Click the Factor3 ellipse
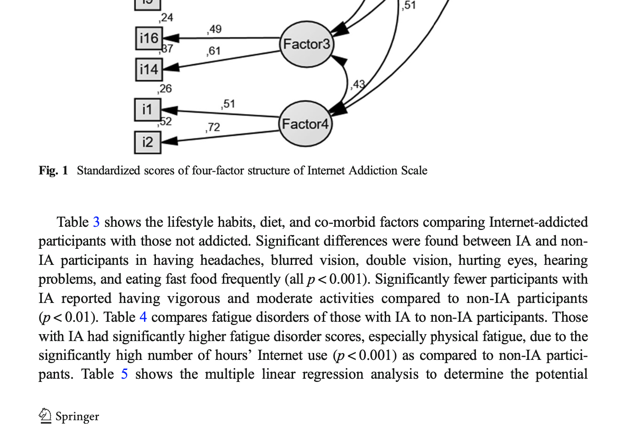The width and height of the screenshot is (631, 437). [x=306, y=44]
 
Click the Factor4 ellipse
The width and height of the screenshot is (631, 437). [x=305, y=124]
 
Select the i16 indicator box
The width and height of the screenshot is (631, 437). [x=149, y=38]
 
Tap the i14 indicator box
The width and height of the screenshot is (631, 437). [x=149, y=70]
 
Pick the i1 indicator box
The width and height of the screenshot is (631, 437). [x=147, y=110]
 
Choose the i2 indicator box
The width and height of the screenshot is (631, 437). [x=147, y=142]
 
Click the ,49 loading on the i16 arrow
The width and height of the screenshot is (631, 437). [x=214, y=29]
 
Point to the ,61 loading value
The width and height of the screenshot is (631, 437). [x=213, y=51]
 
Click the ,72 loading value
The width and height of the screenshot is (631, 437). [x=213, y=127]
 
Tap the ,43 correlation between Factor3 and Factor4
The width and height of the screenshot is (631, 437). [x=358, y=84]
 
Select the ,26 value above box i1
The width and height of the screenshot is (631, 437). [x=165, y=89]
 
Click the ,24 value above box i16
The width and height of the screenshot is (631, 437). [x=166, y=17]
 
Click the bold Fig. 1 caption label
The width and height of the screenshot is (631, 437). [x=53, y=171]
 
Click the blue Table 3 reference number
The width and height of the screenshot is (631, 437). [x=96, y=222]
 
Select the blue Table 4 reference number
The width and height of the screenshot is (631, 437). [x=143, y=317]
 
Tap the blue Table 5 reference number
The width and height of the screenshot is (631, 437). [x=124, y=374]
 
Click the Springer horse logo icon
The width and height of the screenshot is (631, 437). [x=45, y=415]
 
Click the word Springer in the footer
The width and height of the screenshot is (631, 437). [x=77, y=416]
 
